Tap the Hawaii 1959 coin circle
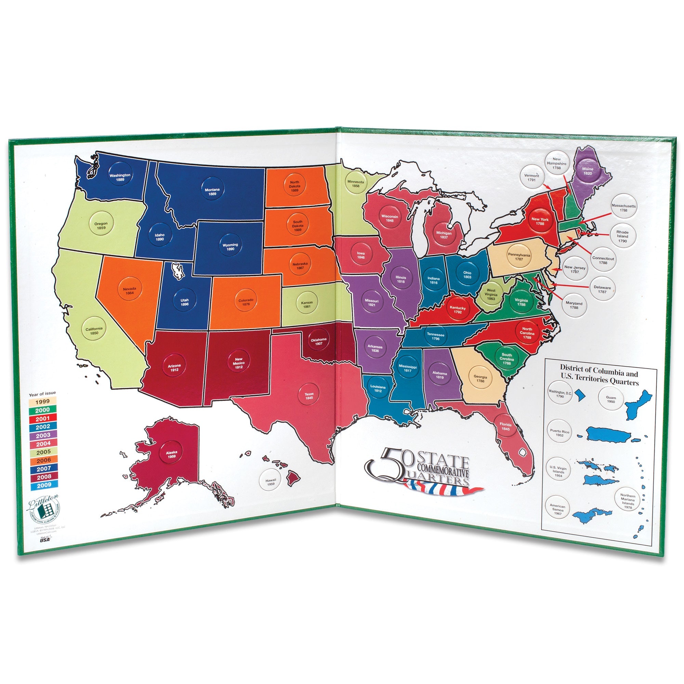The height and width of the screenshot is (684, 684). coord(271,482)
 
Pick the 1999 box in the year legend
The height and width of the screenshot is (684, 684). coord(43,402)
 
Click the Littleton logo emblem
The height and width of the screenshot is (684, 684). coord(44,510)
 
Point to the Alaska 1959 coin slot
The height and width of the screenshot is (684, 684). coord(172,454)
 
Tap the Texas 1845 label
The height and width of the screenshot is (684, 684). coord(309,396)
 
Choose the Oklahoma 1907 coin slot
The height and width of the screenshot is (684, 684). coord(319,342)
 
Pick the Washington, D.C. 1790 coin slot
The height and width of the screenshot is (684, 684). coord(560,394)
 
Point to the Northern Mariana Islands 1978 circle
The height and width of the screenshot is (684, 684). coord(628,501)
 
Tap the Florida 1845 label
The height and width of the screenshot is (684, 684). coord(505,426)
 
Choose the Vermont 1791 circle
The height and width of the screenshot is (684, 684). coord(531,177)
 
